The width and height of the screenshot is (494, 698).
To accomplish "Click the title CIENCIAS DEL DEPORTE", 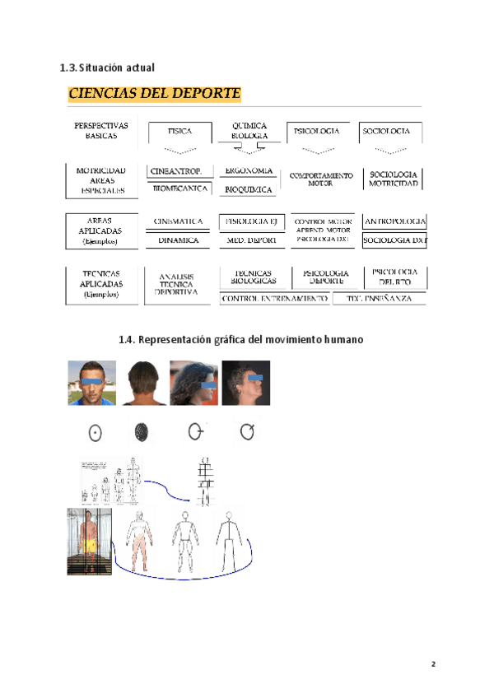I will (x=154, y=93).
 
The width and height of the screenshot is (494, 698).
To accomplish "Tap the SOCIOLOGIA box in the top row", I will (x=386, y=131).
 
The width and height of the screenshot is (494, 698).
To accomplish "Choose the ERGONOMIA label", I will (x=249, y=171).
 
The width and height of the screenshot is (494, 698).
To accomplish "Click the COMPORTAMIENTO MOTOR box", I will (x=320, y=179).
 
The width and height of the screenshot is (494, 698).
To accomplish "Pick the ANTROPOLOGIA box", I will (x=394, y=221).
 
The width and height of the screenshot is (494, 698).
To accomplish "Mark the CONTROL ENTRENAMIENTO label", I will (x=273, y=299).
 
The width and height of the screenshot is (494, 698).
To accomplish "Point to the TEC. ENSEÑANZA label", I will (x=379, y=299).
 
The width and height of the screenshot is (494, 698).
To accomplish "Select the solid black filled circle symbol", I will (x=141, y=431).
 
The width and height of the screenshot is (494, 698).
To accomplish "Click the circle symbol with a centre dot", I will (x=95, y=431).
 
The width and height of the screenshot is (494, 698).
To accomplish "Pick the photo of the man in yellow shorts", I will (x=89, y=541).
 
